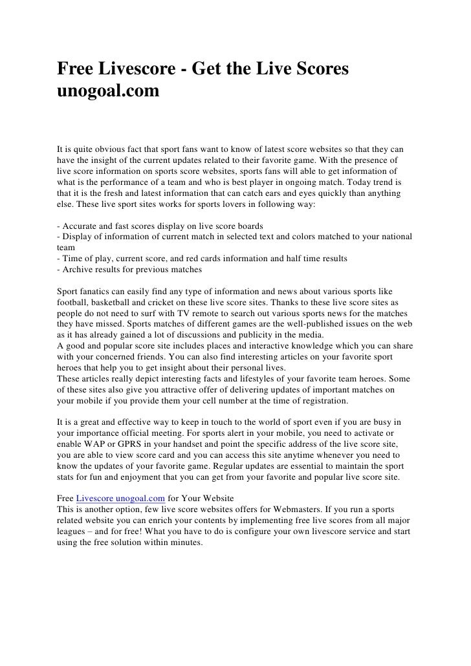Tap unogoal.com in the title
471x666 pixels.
tap(107, 91)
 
